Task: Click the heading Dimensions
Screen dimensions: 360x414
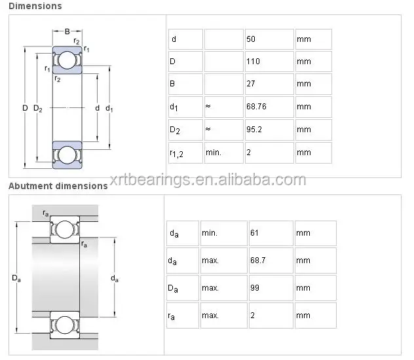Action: (x=35, y=6)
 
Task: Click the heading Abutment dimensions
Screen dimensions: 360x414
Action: (x=58, y=186)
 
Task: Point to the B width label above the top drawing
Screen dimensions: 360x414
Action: (x=67, y=31)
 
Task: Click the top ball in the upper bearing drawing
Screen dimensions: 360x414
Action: (x=66, y=60)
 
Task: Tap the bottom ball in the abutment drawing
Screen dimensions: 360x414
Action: (x=64, y=326)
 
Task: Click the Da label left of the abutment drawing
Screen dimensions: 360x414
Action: (x=16, y=278)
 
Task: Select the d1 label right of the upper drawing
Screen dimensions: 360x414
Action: (x=109, y=108)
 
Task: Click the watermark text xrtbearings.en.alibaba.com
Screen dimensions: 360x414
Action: (x=208, y=179)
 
